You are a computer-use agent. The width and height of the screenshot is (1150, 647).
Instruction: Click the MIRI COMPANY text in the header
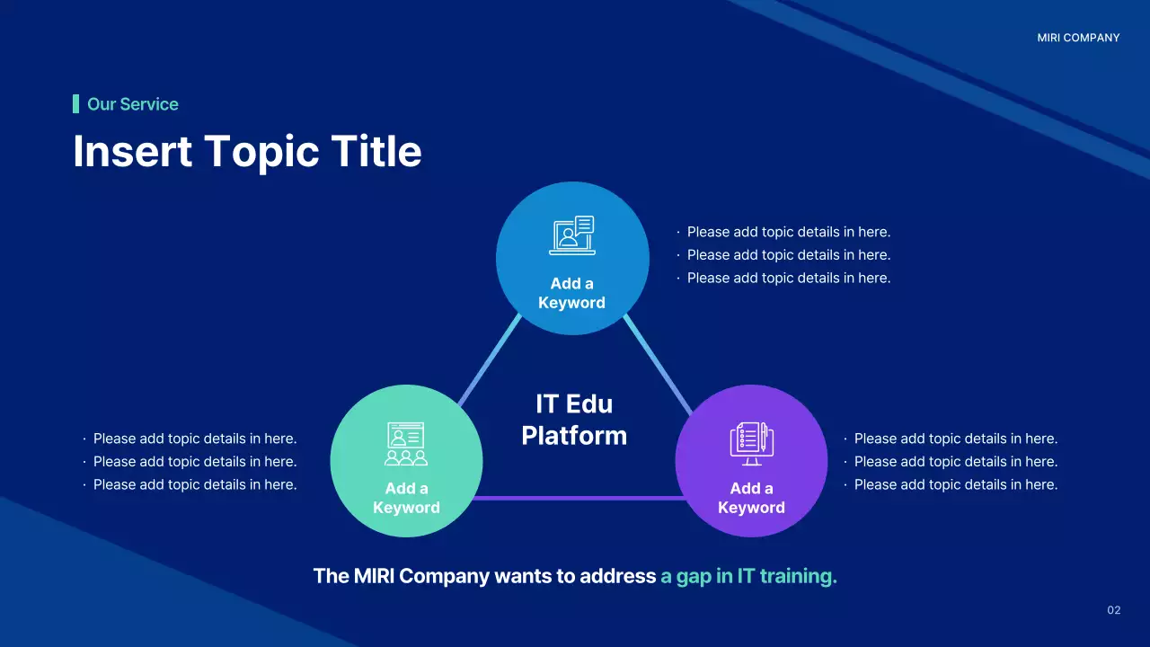(1078, 38)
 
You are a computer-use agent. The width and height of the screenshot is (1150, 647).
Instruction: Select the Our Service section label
(132, 104)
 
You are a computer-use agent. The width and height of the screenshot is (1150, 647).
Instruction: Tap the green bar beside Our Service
(76, 104)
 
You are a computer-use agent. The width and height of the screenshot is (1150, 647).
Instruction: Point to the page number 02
(1113, 610)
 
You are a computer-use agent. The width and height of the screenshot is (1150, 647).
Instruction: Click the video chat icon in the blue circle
(572, 235)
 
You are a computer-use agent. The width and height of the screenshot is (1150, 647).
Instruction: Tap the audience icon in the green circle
(406, 444)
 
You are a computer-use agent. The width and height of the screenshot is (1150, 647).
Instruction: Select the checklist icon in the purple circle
(751, 443)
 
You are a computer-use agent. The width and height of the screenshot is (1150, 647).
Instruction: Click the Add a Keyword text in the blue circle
(571, 293)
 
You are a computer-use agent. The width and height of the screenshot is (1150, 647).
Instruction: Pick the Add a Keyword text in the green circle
(406, 498)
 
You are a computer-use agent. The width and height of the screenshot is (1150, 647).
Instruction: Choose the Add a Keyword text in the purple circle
(751, 498)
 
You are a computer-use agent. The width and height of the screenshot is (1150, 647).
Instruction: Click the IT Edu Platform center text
(574, 420)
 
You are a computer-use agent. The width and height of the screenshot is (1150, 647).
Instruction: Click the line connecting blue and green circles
(489, 361)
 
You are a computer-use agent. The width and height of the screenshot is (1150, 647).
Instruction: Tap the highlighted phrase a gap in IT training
(748, 576)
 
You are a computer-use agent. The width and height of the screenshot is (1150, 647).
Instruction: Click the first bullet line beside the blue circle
(788, 232)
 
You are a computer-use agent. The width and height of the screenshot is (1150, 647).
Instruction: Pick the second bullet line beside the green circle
(194, 462)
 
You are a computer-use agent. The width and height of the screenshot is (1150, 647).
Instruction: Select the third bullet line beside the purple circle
(955, 484)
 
